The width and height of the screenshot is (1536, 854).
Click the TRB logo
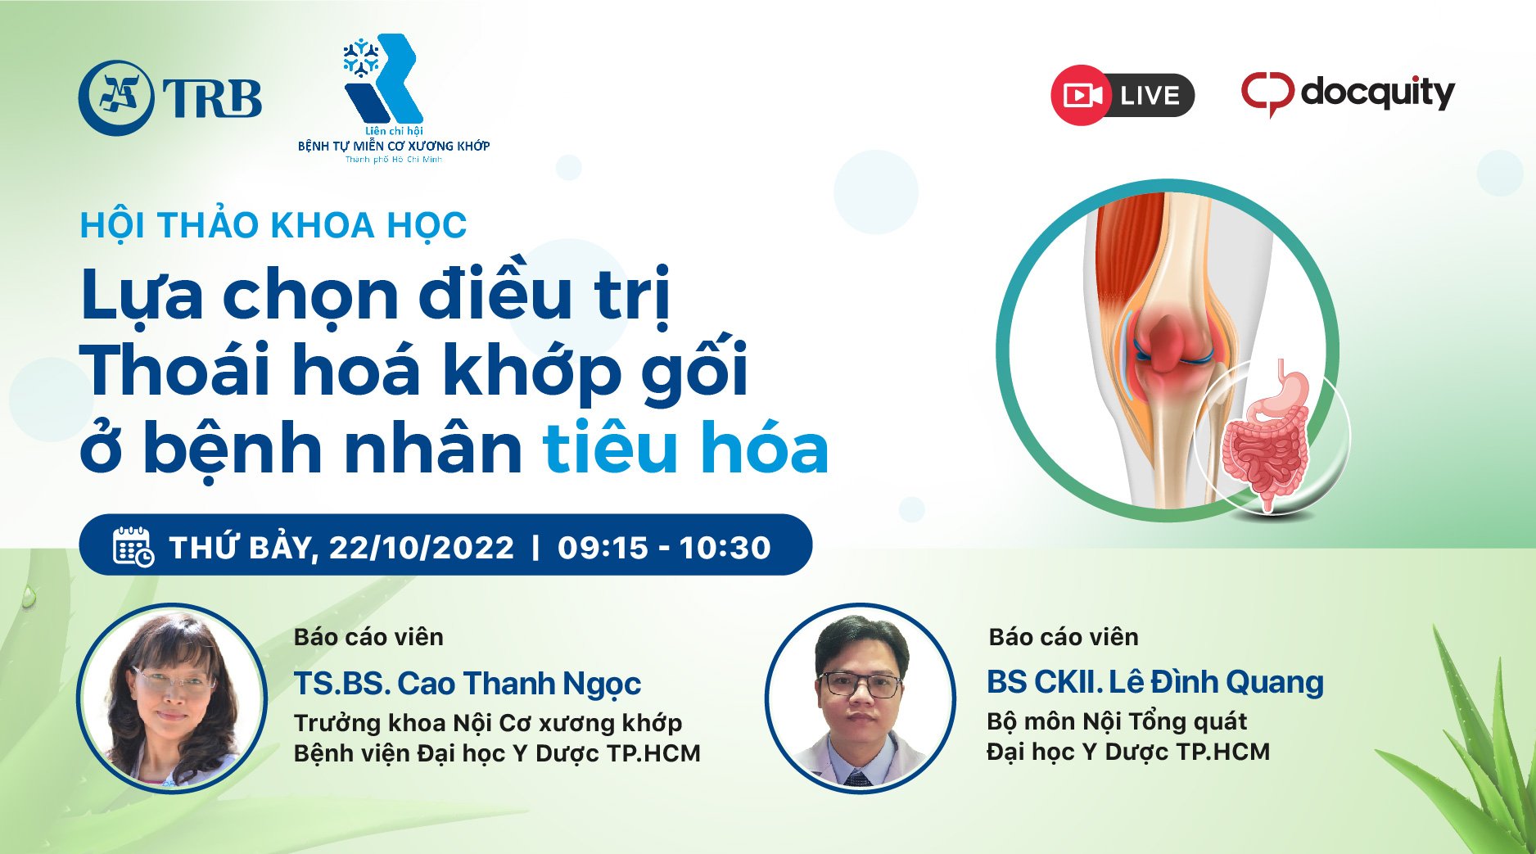pos(170,97)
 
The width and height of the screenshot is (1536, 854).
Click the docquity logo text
pos(1377,93)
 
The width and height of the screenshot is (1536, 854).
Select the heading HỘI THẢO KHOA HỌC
pos(273,226)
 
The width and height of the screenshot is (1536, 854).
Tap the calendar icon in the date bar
pos(133,546)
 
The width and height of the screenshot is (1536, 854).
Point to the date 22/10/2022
pos(421,547)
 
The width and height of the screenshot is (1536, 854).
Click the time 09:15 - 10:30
pos(664,547)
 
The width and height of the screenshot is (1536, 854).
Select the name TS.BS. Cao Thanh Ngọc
pos(468,684)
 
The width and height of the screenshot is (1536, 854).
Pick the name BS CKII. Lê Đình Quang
pos(1154,682)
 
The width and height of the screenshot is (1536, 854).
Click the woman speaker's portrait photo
pos(172,698)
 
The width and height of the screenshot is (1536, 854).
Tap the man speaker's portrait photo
pos(860,698)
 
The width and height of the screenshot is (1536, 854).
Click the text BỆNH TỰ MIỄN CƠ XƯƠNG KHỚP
pos(394,146)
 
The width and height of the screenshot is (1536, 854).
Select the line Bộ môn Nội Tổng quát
pos(1117,721)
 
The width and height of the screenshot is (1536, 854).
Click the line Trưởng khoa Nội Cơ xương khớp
pos(488,723)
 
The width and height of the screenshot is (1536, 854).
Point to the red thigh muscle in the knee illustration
pos(1126,254)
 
